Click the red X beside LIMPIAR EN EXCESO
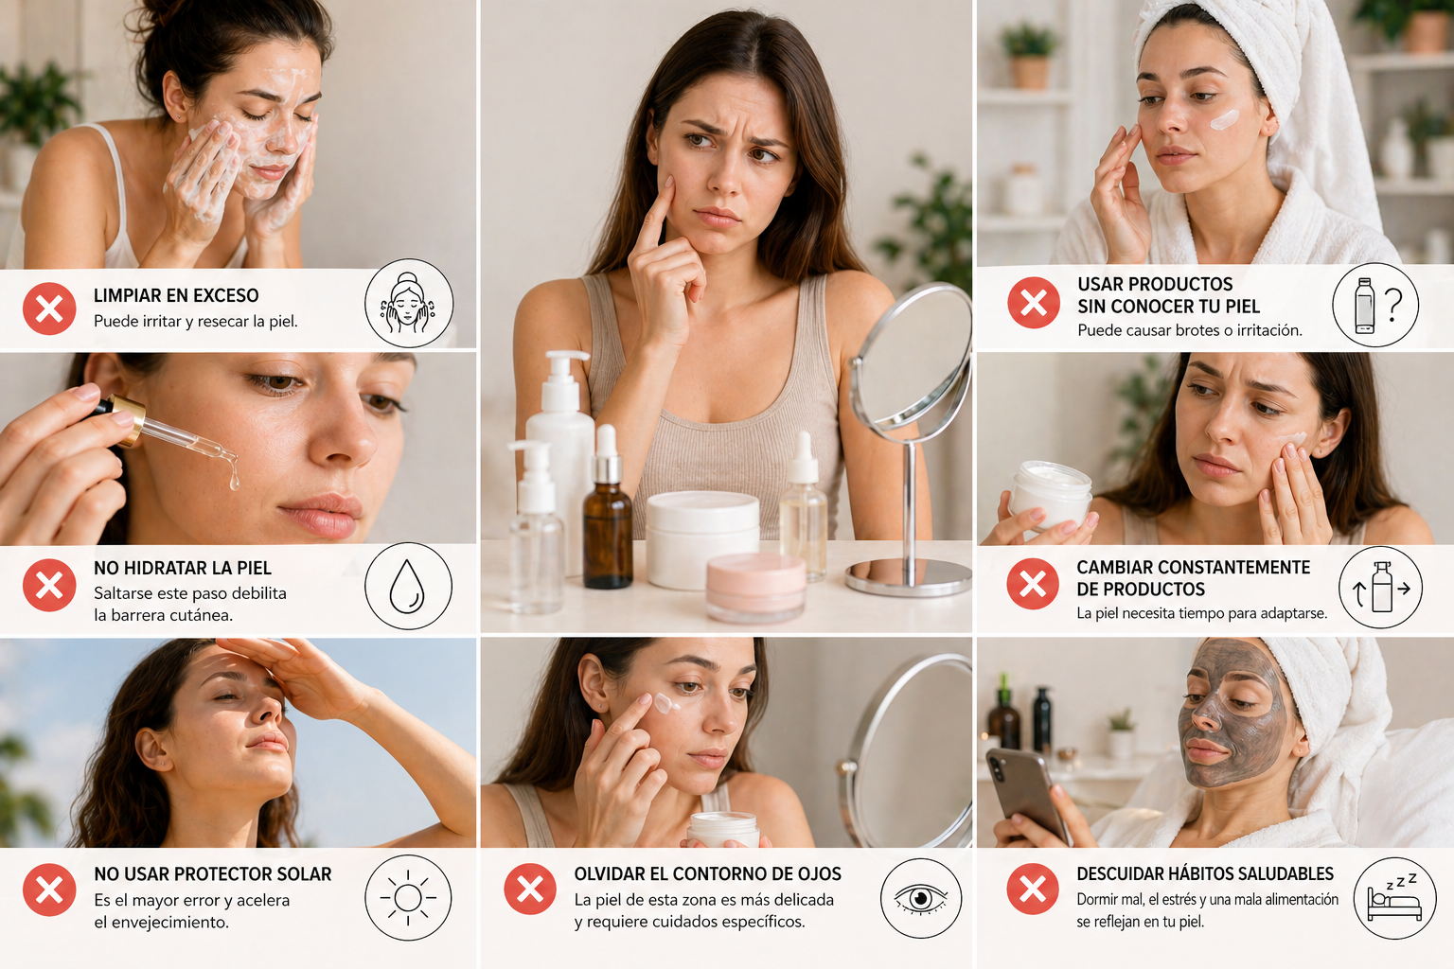(49, 308)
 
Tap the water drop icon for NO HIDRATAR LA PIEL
(408, 587)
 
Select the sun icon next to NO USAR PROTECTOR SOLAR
(408, 897)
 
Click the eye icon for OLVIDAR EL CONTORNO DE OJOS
(920, 898)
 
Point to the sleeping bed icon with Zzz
(1394, 898)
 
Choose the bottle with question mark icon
(1374, 306)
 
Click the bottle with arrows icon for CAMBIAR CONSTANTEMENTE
(1381, 588)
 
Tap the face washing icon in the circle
(409, 303)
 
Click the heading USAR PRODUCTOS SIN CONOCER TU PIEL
(1168, 295)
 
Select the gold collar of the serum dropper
(130, 417)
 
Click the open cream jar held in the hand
(1050, 492)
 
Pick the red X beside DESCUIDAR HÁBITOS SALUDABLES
(1033, 890)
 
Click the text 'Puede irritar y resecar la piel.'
(196, 322)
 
